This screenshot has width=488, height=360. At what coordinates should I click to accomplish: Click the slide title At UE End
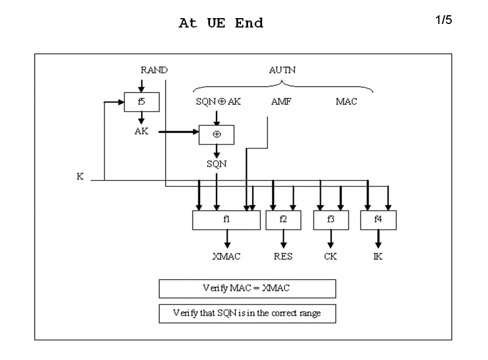click(x=221, y=24)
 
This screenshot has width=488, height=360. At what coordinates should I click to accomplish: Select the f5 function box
click(x=141, y=101)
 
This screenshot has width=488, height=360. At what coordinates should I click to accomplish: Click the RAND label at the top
click(x=154, y=70)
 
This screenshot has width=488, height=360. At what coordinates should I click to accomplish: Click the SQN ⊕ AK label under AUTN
click(x=218, y=101)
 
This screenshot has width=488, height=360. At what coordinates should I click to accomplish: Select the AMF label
click(x=281, y=101)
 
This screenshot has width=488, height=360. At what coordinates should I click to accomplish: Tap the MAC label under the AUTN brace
click(x=346, y=101)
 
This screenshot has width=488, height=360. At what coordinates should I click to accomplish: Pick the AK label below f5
click(x=141, y=131)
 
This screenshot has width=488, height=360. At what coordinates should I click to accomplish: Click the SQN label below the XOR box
click(x=217, y=164)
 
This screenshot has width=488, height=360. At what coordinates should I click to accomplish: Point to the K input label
click(x=80, y=176)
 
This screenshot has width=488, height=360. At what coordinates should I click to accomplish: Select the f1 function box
click(x=226, y=220)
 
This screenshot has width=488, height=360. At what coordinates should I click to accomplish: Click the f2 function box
click(x=283, y=220)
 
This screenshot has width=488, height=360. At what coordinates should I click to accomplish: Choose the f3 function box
click(x=331, y=220)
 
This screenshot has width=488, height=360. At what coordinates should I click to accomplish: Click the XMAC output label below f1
click(x=226, y=256)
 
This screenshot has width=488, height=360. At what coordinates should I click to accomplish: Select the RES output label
click(x=283, y=256)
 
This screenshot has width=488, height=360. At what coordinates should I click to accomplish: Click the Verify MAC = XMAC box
click(x=247, y=289)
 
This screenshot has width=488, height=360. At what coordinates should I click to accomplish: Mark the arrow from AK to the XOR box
click(x=178, y=132)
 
